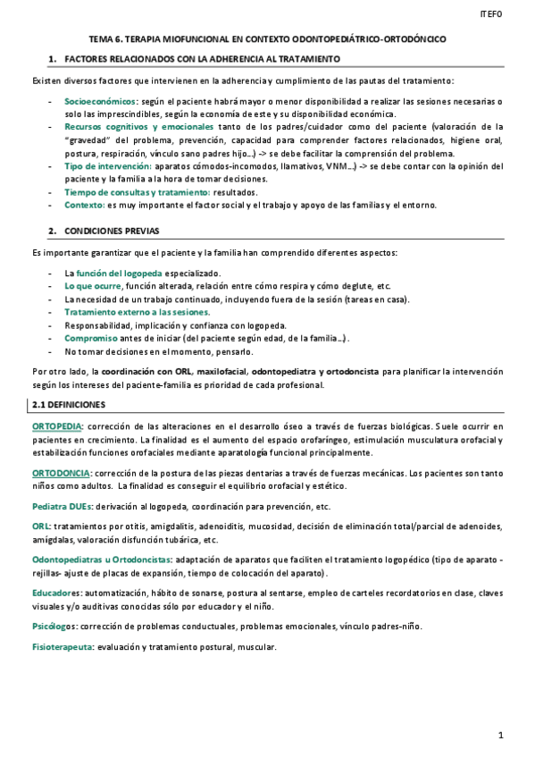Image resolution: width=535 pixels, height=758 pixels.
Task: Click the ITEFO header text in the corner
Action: pyautogui.click(x=491, y=14)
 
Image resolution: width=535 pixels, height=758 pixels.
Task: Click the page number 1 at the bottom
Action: pyautogui.click(x=501, y=735)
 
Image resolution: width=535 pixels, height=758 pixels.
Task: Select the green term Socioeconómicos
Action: pyautogui.click(x=101, y=102)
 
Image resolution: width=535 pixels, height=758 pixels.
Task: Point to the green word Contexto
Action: pyautogui.click(x=85, y=205)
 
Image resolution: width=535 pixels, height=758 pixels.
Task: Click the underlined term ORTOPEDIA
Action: pyautogui.click(x=58, y=426)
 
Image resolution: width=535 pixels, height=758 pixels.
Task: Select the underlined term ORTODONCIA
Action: pyautogui.click(x=61, y=472)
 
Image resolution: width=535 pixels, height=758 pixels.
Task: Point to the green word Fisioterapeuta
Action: pyautogui.click(x=63, y=647)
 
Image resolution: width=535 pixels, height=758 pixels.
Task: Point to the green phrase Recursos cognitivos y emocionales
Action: pyautogui.click(x=138, y=127)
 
